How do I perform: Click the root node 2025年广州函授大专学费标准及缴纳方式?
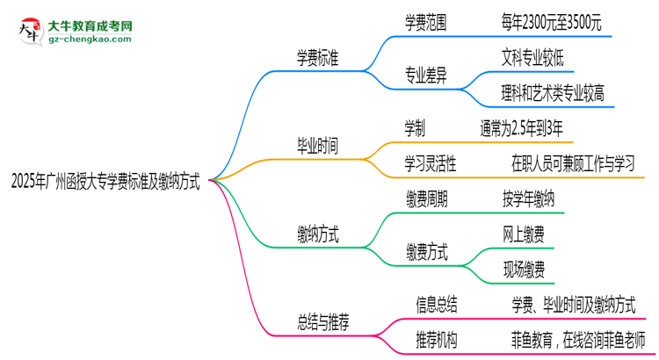[105, 183]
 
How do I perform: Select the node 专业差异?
[425, 75]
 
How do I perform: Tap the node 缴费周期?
[425, 200]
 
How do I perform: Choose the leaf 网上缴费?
[523, 234]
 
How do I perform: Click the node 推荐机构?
[436, 340]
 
